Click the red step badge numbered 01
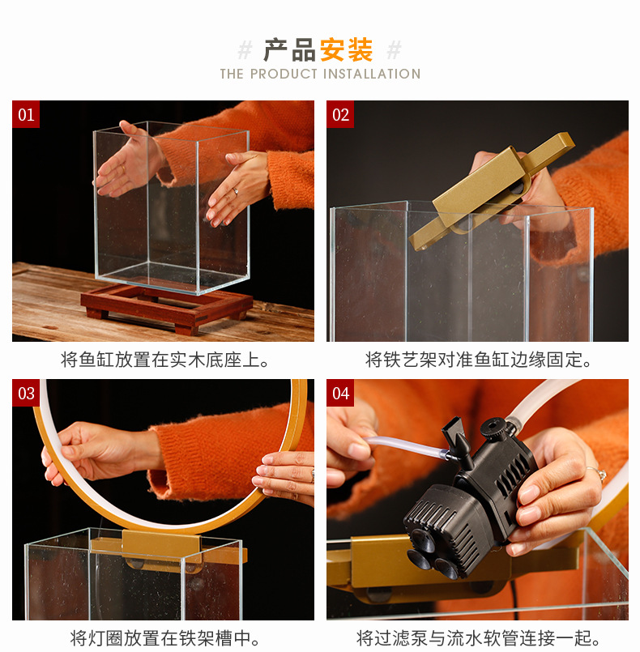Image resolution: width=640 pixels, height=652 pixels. coord(26,115)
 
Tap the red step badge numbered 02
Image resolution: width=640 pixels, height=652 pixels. coord(340,115)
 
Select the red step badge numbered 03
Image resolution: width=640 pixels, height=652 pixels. coord(26,394)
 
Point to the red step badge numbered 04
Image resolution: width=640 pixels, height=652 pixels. coord(340,394)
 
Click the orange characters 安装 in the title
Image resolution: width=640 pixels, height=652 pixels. coord(347,50)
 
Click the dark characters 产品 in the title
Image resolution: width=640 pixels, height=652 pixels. coord(289,50)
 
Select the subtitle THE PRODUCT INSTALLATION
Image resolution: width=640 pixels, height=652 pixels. coord(320,74)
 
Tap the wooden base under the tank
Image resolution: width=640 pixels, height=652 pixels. coord(166,305)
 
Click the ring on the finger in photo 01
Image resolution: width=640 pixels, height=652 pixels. coord(236,192)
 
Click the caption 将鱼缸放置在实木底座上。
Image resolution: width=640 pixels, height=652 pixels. coord(165,360)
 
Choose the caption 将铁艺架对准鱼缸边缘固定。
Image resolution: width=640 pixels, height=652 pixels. coord(479,360)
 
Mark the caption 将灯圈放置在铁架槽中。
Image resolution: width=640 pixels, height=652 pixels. coord(165,638)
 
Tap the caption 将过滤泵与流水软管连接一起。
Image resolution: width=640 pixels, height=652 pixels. coord(479,638)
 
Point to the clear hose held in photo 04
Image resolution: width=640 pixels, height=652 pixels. coord(401,445)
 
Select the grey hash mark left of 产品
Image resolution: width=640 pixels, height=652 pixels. coord(245,50)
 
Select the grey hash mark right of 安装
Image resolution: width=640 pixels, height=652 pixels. coord(394,50)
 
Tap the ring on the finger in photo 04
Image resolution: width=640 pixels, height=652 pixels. coord(597,474)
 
